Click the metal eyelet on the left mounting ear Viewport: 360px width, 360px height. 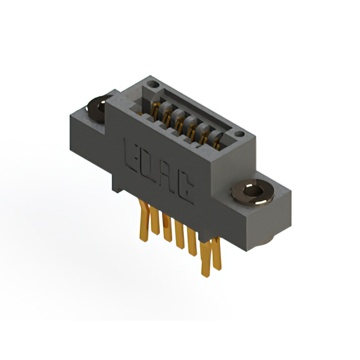(x=98, y=109)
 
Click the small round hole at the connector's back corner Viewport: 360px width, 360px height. (x=153, y=84)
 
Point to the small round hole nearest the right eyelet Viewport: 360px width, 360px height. (x=239, y=134)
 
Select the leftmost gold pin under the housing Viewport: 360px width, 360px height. (x=144, y=220)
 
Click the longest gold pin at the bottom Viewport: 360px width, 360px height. (x=205, y=259)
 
